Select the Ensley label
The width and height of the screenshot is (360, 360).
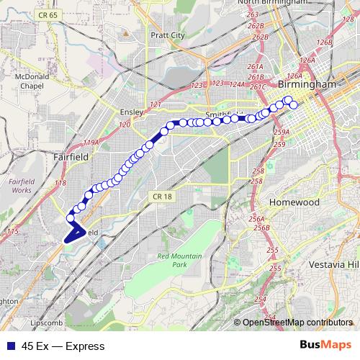(132, 112)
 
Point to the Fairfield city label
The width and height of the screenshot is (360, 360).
(71, 156)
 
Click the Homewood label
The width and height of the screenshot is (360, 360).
(294, 202)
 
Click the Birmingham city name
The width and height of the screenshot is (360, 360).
(307, 84)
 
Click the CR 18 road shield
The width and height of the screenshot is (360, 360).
(163, 197)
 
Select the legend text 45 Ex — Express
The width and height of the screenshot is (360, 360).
(63, 346)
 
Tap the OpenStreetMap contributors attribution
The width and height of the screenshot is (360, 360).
(297, 323)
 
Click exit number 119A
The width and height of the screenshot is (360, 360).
(91, 142)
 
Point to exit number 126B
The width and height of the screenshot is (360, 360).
(325, 42)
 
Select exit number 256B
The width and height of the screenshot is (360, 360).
(261, 228)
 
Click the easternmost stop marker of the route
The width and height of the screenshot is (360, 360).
(294, 105)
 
